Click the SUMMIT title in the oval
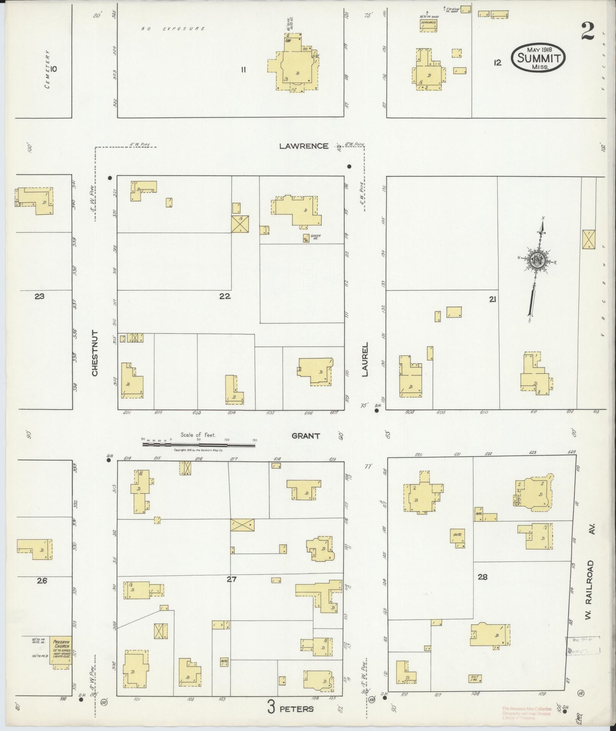click(539, 58)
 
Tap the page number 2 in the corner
click(588, 31)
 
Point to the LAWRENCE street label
click(304, 146)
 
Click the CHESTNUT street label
click(95, 353)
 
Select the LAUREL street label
click(365, 360)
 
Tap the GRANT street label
click(306, 436)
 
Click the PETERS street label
click(297, 709)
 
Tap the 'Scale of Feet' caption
click(198, 435)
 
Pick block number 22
click(225, 296)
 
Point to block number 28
click(482, 577)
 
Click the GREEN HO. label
click(315, 236)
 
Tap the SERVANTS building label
click(428, 23)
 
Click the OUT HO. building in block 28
click(475, 679)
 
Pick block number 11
click(243, 70)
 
